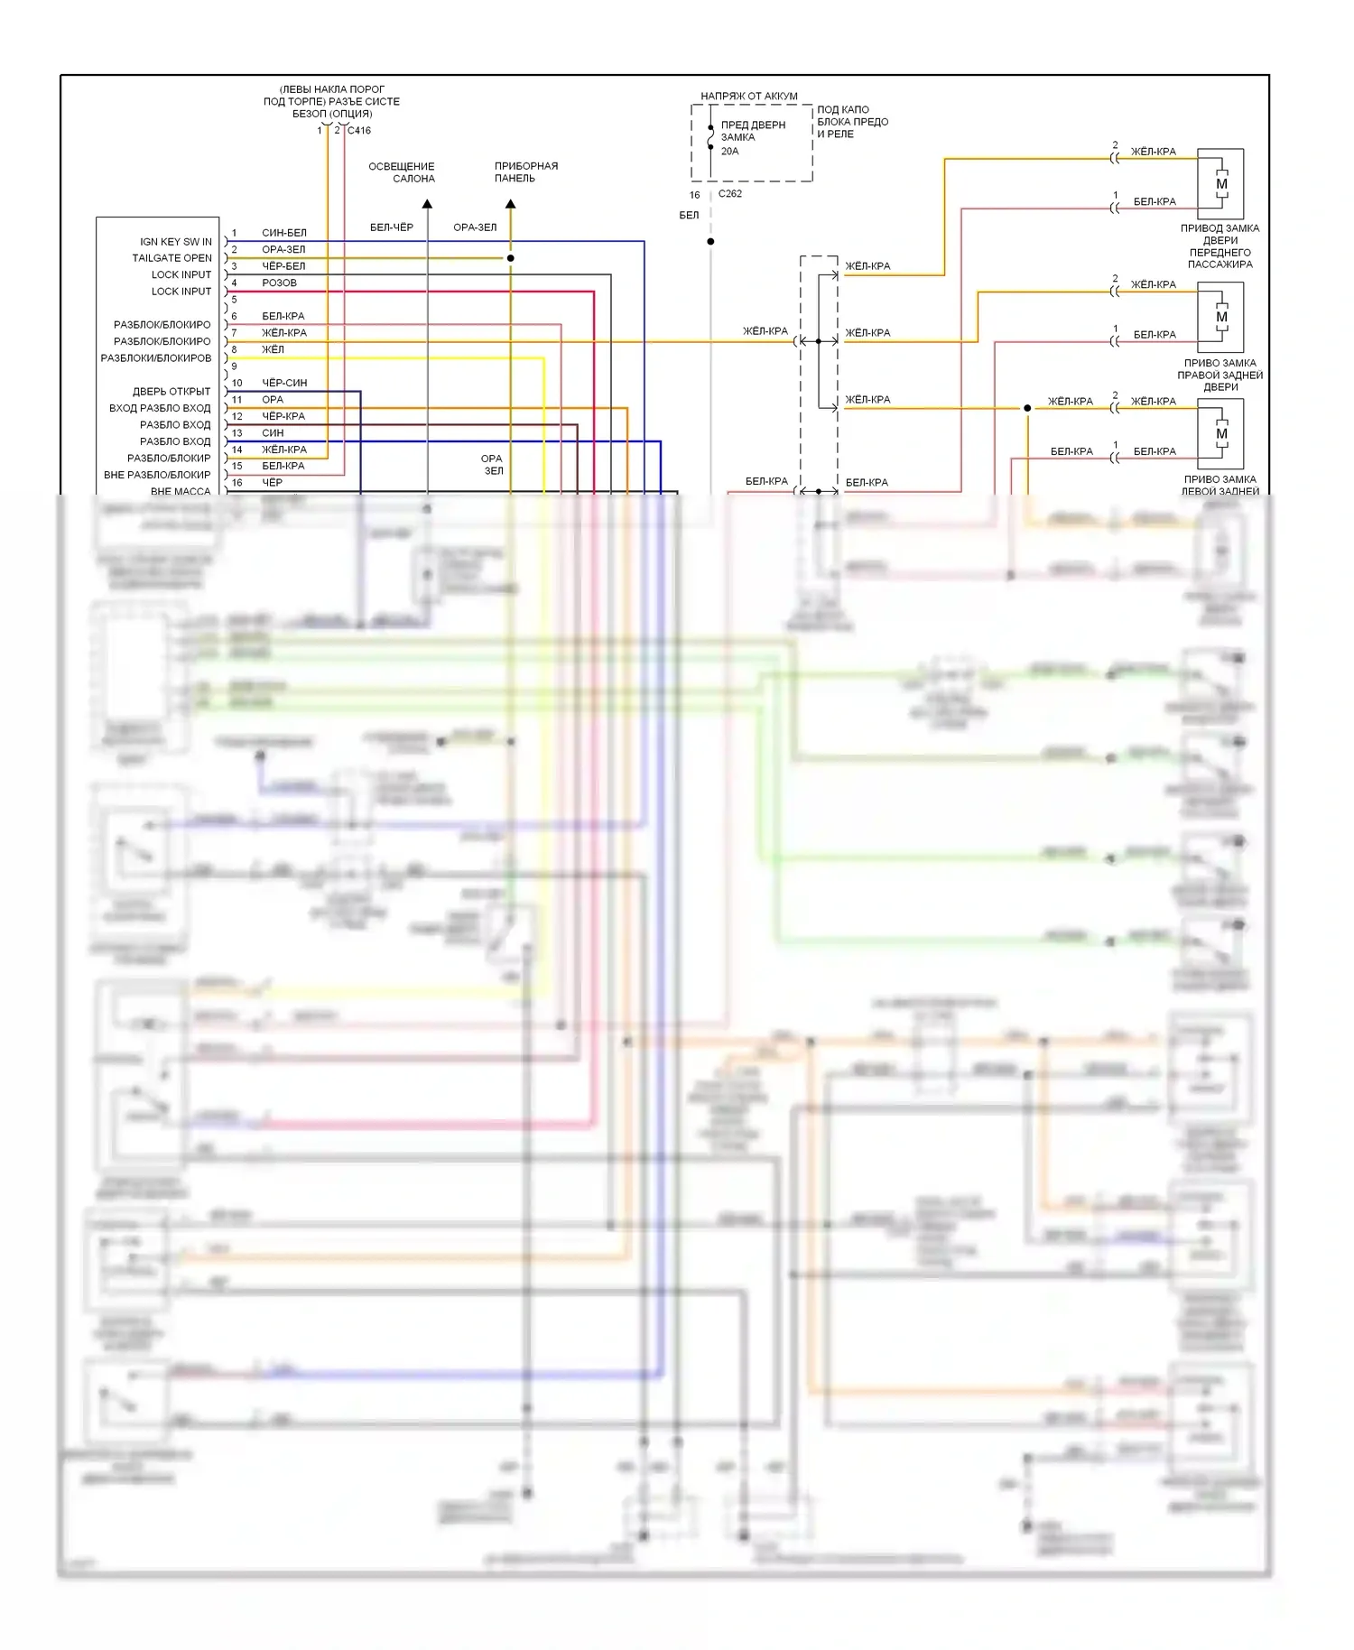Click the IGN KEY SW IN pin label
tap(175, 242)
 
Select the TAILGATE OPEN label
tap(172, 258)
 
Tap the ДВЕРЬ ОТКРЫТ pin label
tap(171, 392)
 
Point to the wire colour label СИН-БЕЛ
tap(283, 233)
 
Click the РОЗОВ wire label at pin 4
tap(279, 283)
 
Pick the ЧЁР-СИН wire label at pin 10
tap(283, 383)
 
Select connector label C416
tap(359, 131)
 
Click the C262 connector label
tap(729, 194)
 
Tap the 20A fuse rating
tap(729, 152)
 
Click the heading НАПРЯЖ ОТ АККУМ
tap(748, 97)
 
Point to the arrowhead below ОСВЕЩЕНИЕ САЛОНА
tap(427, 204)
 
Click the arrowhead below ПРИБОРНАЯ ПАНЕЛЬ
tap(510, 204)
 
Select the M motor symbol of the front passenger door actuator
tap(1221, 184)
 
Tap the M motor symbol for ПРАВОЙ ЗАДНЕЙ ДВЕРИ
tap(1221, 318)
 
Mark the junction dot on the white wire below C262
tap(710, 242)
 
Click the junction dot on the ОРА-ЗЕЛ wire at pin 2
tap(510, 258)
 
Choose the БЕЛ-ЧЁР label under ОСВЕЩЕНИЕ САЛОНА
tap(391, 227)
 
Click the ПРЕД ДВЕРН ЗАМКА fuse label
tap(752, 131)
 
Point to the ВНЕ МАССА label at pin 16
tap(180, 491)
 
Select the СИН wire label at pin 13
tap(273, 433)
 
